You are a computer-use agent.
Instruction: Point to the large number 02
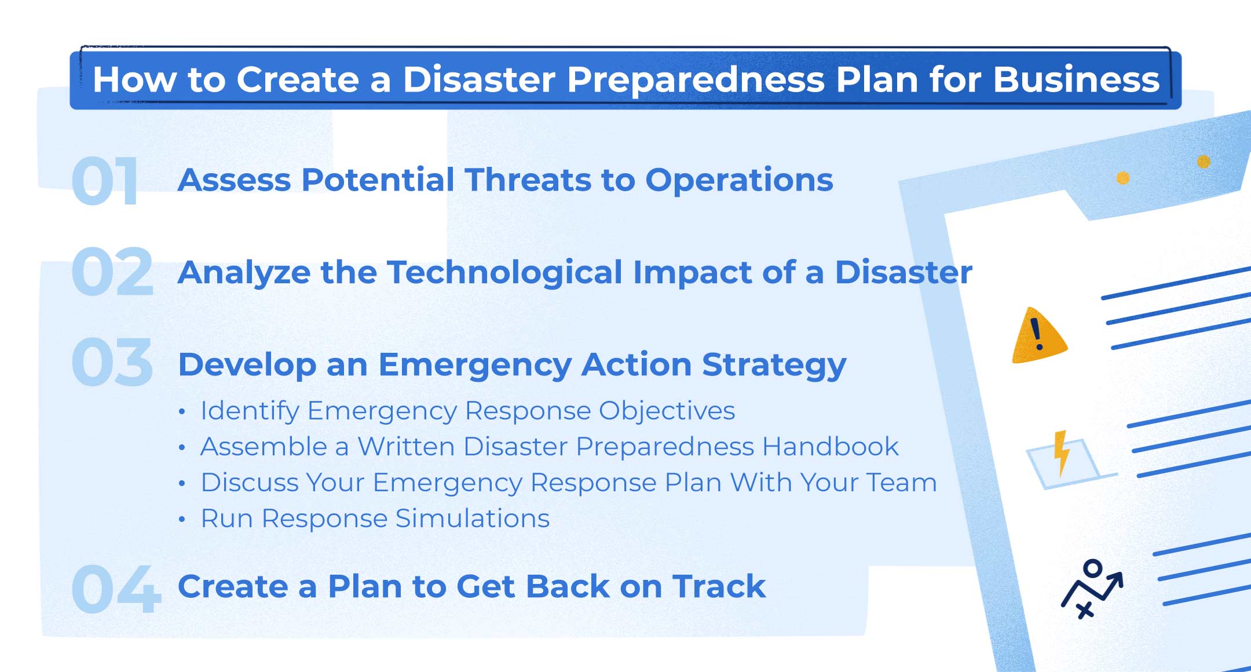click(x=112, y=272)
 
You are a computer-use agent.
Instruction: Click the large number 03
click(x=112, y=363)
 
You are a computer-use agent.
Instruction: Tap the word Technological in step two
click(x=504, y=272)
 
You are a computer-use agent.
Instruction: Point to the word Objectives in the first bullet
click(x=667, y=411)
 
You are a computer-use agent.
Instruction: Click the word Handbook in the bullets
click(x=830, y=447)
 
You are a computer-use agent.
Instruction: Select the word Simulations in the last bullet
click(x=472, y=518)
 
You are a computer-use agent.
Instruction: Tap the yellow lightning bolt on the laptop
click(x=1061, y=452)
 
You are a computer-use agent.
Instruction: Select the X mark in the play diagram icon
click(x=1085, y=609)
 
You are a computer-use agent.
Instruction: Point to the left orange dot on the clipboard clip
click(x=1123, y=178)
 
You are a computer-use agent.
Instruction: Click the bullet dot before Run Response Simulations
click(x=182, y=519)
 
